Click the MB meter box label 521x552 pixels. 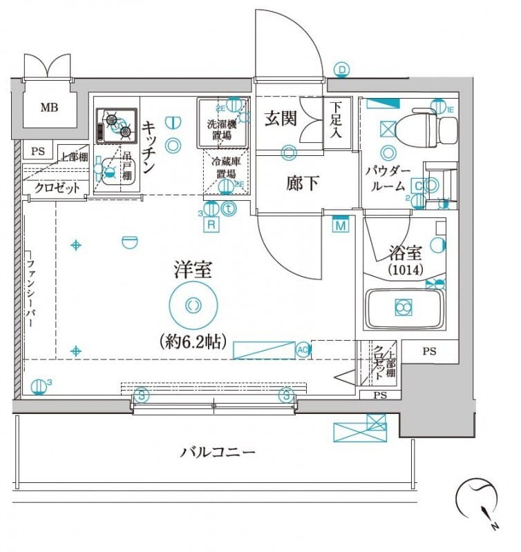click(x=49, y=107)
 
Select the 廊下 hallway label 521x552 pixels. click(x=303, y=184)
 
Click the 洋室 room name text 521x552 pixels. click(x=193, y=270)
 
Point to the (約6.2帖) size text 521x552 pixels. click(x=193, y=341)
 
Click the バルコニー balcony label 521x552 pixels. click(x=218, y=453)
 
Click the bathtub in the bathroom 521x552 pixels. click(x=404, y=308)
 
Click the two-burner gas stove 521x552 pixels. click(x=115, y=125)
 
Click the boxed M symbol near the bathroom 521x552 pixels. click(x=340, y=225)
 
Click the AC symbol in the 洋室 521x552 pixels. click(x=302, y=349)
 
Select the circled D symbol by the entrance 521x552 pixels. click(x=342, y=69)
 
